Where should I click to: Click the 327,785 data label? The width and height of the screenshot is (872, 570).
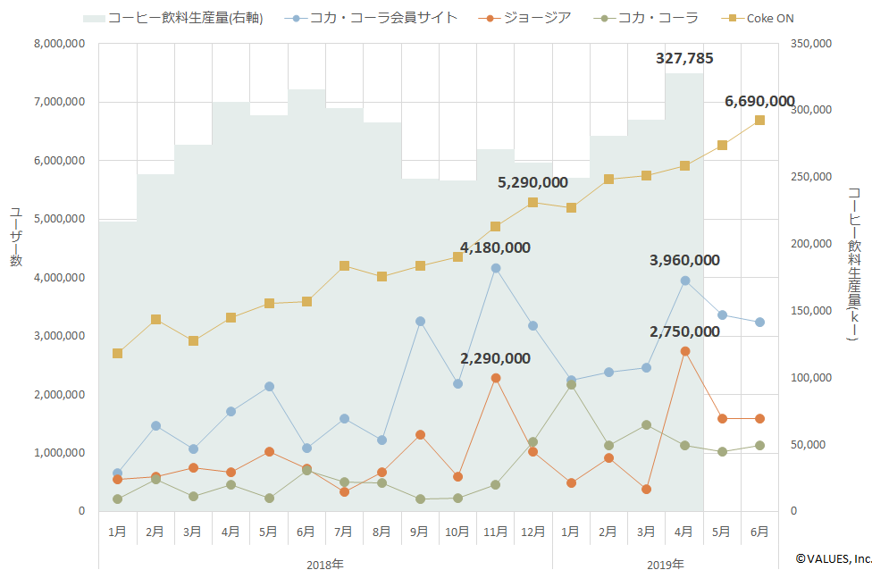tap(684, 59)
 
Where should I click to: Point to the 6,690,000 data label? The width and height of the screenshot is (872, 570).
tap(759, 101)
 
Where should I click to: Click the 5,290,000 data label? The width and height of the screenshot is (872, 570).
tap(532, 182)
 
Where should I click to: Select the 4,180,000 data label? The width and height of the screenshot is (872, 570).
tap(495, 247)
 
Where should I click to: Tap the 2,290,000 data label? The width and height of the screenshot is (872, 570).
tap(495, 358)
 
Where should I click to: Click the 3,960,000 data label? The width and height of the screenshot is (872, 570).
tap(684, 260)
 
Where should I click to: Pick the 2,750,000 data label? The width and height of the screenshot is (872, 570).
tap(684, 331)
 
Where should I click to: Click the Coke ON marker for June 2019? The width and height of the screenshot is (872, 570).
tap(759, 120)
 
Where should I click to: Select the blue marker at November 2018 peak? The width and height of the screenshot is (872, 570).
tap(496, 268)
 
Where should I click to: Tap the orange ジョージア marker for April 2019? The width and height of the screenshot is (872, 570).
tap(684, 351)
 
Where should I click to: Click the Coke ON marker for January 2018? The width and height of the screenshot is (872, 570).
tap(117, 354)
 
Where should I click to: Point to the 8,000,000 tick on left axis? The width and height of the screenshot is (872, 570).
tap(60, 44)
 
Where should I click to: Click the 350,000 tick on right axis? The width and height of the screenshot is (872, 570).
tap(813, 44)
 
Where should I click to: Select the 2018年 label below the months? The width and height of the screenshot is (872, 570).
tap(324, 564)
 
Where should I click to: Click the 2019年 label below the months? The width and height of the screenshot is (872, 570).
tap(666, 564)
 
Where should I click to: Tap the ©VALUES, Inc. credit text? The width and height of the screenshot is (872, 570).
tap(833, 557)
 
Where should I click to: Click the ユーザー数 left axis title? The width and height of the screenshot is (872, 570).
tap(15, 237)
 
